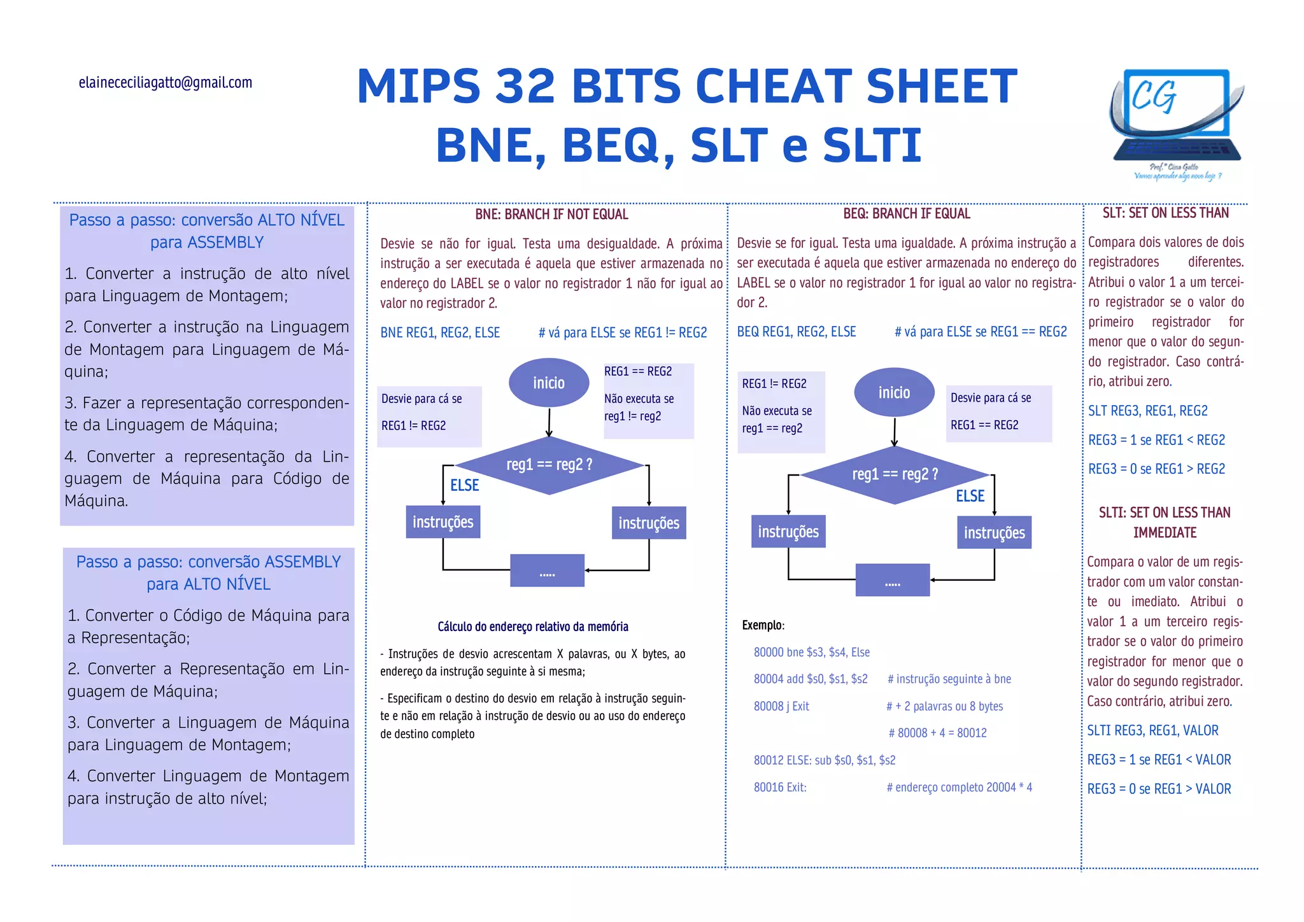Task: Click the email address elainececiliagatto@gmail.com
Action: click(x=166, y=83)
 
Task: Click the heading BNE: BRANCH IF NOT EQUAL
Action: click(x=551, y=215)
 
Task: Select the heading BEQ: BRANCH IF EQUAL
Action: click(x=907, y=214)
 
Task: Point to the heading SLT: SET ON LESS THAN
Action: click(x=1165, y=213)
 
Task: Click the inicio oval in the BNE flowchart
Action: click(x=549, y=383)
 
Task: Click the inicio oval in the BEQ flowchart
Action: click(x=894, y=392)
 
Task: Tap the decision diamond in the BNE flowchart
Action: click(x=549, y=465)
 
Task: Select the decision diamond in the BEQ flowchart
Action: click(x=895, y=474)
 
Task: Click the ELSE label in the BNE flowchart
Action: click(x=464, y=486)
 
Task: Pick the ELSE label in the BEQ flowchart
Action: click(x=970, y=496)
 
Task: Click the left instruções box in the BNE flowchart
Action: click(x=443, y=522)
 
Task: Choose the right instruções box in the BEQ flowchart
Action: click(x=994, y=532)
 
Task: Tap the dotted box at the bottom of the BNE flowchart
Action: click(x=548, y=571)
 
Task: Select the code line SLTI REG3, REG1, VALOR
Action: click(x=1152, y=731)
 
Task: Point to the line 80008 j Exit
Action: click(x=781, y=706)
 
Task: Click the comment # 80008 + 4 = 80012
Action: click(x=937, y=733)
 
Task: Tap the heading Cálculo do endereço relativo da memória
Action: click(x=533, y=627)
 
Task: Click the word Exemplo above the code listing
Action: click(x=763, y=625)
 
